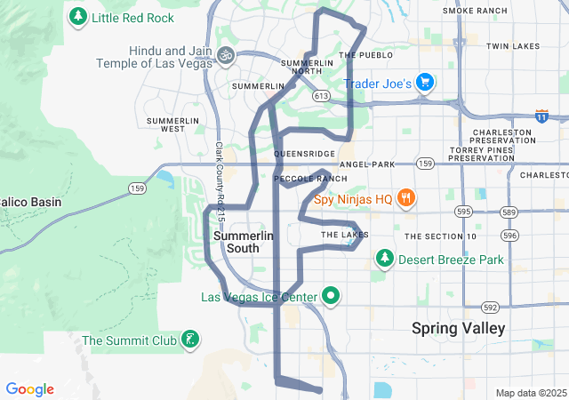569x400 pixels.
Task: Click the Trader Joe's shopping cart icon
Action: (425, 84)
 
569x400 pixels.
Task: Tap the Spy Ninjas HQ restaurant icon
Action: (405, 198)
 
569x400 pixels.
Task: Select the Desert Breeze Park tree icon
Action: (384, 260)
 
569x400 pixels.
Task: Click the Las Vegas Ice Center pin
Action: (332, 296)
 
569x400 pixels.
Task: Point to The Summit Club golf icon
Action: (188, 340)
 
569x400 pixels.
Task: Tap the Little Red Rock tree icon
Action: (78, 16)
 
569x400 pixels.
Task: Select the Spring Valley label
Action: (458, 328)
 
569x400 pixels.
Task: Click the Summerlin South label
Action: (244, 242)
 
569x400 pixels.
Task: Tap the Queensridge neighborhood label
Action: (305, 154)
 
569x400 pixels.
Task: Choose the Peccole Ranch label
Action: (310, 179)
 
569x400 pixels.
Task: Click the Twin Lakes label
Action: (513, 45)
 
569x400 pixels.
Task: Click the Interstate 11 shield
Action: (541, 116)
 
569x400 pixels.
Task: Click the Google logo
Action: (30, 389)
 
